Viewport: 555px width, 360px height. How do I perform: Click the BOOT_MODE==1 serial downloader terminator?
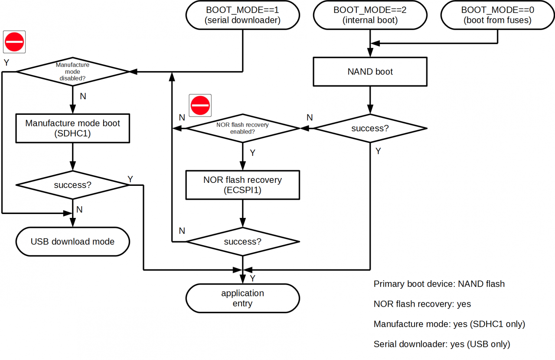coord(242,15)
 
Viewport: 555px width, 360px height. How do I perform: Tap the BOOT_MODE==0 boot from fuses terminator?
coord(497,15)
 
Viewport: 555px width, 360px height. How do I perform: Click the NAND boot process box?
coord(370,72)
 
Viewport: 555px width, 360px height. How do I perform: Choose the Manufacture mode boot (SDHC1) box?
coord(72,128)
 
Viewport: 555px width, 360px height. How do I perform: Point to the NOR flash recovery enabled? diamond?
coord(242,128)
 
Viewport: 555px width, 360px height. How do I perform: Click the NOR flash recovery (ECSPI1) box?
coord(242,185)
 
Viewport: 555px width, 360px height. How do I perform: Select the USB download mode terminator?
coord(72,242)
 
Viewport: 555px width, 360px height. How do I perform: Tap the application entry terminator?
coord(242,298)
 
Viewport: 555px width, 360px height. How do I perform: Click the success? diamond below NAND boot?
coord(370,128)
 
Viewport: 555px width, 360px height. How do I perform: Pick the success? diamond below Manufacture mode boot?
coord(72,185)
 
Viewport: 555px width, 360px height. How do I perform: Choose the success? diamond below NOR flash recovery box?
coord(242,242)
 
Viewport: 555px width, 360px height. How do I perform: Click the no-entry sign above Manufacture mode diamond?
coord(14,42)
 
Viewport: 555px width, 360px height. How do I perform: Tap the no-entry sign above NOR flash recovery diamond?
coord(200,105)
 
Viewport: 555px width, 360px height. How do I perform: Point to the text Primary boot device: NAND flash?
coord(439,284)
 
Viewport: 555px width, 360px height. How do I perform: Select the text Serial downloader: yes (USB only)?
coord(441,344)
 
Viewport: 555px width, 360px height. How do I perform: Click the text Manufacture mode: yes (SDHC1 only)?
coord(449,324)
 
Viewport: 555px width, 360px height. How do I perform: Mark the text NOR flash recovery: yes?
coord(422,304)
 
